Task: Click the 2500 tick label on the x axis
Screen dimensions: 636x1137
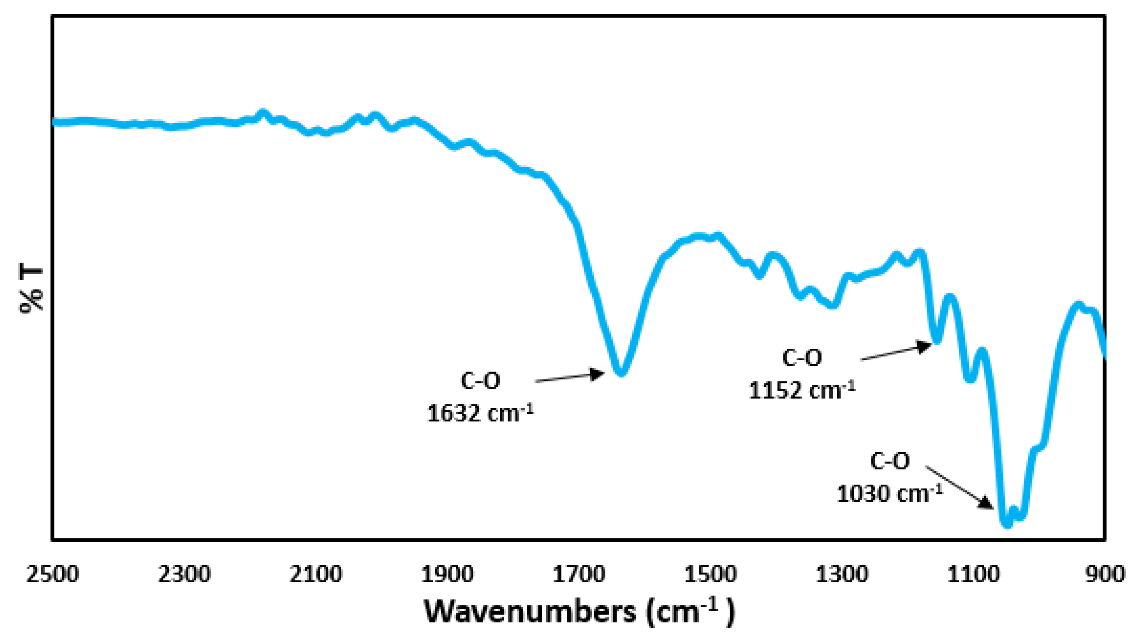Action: [53, 574]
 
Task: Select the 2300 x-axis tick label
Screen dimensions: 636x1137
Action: [184, 574]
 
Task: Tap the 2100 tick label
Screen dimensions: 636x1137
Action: [316, 574]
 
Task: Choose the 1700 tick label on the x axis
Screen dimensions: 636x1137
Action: [579, 574]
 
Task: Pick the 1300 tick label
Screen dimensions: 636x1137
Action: [842, 574]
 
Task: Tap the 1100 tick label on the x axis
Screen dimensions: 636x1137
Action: [974, 574]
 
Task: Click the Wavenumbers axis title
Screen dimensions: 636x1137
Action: [579, 612]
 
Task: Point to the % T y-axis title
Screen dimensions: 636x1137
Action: [32, 289]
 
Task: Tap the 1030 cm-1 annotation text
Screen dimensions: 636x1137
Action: [889, 493]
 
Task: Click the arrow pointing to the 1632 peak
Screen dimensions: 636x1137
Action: [570, 378]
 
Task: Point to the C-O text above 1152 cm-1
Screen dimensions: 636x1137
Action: [802, 358]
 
